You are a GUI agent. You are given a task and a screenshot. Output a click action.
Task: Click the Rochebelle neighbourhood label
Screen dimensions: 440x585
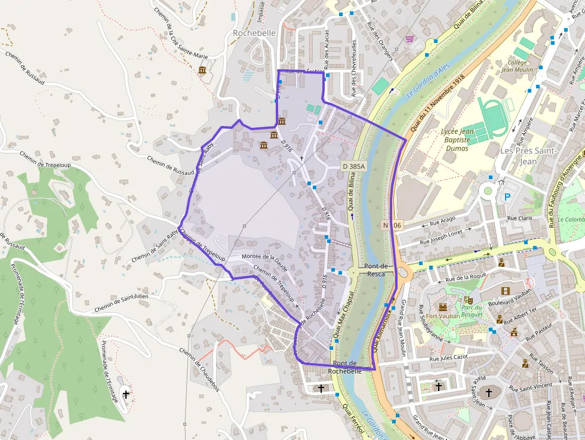point(254,33)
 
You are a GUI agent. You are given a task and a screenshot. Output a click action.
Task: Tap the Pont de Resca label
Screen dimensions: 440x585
point(376,270)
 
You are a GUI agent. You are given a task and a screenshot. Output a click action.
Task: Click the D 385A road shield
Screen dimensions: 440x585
point(353,165)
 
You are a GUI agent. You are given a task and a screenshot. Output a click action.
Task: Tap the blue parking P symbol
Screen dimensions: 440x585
point(508,196)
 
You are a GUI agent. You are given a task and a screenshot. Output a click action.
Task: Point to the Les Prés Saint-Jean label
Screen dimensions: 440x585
point(528,155)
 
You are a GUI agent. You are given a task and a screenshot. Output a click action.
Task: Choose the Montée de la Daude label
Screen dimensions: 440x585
point(264,257)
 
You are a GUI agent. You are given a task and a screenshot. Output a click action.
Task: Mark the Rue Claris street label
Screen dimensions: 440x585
point(520,219)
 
